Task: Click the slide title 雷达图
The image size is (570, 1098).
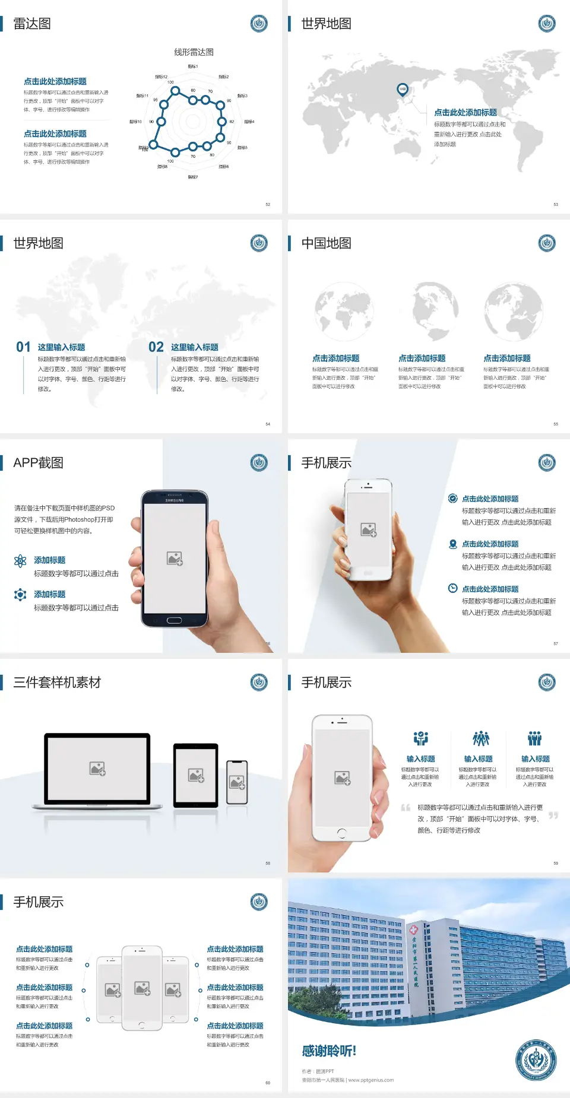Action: (32, 24)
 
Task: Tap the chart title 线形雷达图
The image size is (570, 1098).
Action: (194, 52)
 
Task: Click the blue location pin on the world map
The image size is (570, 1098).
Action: (403, 90)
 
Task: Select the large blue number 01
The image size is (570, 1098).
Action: (23, 347)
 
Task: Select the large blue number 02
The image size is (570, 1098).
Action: (156, 347)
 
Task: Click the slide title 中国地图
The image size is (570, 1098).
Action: (326, 243)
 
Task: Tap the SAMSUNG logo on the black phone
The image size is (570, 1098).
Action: (175, 500)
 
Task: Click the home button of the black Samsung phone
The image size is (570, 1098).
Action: (174, 620)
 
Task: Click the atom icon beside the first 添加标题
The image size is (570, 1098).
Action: (20, 561)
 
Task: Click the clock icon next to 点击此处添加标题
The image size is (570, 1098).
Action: (452, 588)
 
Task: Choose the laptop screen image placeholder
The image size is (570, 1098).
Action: (97, 769)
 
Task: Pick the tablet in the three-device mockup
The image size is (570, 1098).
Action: (196, 775)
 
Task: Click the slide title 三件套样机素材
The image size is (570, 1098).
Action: (57, 683)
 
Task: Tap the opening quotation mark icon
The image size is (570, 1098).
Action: (406, 807)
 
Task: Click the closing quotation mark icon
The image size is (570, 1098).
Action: (553, 815)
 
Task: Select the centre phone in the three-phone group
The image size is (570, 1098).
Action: (142, 988)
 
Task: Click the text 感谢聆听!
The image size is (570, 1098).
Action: (329, 1051)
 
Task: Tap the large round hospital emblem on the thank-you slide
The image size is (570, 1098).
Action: (536, 1060)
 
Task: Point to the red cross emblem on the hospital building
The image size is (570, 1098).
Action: (413, 930)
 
